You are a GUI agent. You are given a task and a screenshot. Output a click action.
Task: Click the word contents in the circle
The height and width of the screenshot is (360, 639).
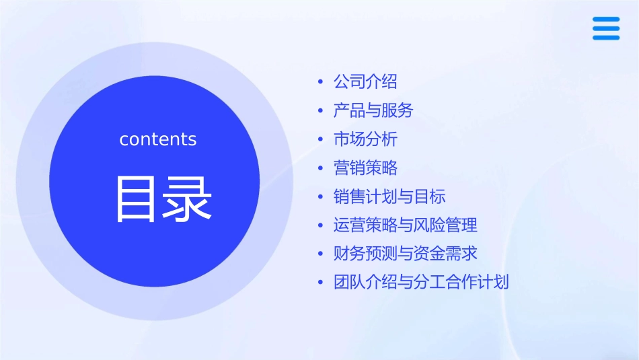click(158, 139)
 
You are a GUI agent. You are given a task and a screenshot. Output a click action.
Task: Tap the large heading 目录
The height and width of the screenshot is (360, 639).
click(164, 199)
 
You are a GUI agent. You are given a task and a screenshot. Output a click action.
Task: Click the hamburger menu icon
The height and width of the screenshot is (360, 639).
click(606, 29)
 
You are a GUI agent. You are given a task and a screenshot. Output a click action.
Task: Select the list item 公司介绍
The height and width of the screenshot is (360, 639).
click(365, 82)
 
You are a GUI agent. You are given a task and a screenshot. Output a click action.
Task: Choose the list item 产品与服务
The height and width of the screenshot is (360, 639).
click(373, 110)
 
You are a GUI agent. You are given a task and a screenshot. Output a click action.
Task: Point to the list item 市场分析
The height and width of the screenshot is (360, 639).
click(365, 139)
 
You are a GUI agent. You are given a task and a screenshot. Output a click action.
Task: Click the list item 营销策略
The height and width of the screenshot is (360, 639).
click(365, 168)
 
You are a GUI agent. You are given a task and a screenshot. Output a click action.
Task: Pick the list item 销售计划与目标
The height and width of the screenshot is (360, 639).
click(389, 196)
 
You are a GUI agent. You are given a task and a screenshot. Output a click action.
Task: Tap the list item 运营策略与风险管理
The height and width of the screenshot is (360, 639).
click(406, 225)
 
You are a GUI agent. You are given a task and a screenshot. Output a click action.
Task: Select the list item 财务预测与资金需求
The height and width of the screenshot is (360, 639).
click(406, 254)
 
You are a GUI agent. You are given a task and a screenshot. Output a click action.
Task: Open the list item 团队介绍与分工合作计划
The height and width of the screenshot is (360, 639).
click(421, 282)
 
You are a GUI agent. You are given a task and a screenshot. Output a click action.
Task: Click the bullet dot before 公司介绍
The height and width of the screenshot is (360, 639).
click(320, 83)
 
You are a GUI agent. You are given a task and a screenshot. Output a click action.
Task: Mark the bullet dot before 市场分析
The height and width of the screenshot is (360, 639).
click(320, 140)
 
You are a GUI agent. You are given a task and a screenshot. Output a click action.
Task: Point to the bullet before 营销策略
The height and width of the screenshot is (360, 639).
click(320, 168)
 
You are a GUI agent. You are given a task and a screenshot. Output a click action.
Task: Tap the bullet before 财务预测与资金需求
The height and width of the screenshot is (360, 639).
click(320, 254)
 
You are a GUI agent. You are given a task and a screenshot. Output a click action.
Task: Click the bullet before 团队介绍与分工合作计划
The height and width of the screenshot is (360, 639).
click(320, 283)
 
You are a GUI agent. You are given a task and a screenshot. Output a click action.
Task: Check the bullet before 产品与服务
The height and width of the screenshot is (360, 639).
click(320, 111)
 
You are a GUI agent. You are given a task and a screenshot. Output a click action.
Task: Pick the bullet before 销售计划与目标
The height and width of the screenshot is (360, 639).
click(320, 197)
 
